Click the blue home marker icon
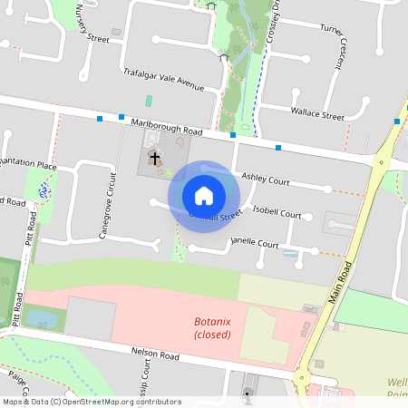point(204,196)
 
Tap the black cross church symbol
point(154,159)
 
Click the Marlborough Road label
point(166,124)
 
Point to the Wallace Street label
point(316,116)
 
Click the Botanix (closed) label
point(212,328)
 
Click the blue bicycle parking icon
point(43,190)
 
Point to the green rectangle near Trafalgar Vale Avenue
point(149,101)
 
